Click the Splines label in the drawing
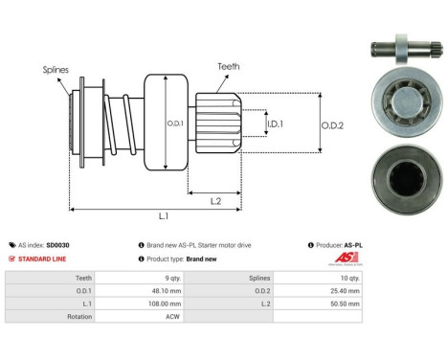click(x=55, y=69)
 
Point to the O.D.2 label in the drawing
click(x=333, y=123)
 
